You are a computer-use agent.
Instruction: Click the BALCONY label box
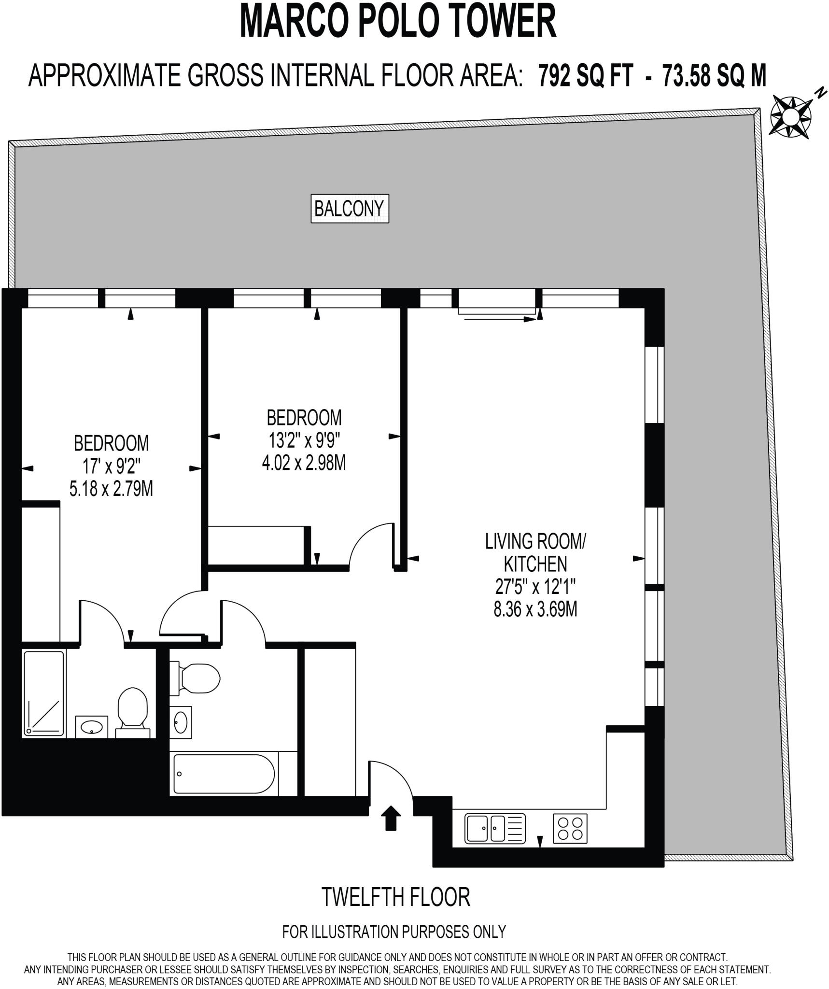[x=350, y=209]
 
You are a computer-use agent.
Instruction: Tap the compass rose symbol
[x=790, y=116]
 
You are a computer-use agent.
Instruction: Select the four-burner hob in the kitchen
[x=570, y=828]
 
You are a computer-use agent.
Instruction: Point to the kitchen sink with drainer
[x=495, y=828]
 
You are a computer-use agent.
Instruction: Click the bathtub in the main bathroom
[x=224, y=774]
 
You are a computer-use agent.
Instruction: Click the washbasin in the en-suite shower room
[x=92, y=727]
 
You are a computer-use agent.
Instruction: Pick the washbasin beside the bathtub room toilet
[x=181, y=722]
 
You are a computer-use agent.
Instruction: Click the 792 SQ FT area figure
[x=585, y=76]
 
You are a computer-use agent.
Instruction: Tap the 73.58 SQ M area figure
[x=714, y=76]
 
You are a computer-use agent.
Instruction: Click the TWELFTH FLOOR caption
[x=395, y=898]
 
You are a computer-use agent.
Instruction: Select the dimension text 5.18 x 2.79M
[x=111, y=489]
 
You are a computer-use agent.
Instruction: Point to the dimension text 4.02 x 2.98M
[x=304, y=463]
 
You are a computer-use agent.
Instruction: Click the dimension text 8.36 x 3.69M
[x=535, y=609]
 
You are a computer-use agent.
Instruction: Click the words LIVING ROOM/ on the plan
[x=535, y=541]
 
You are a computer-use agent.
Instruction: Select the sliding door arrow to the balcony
[x=497, y=318]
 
